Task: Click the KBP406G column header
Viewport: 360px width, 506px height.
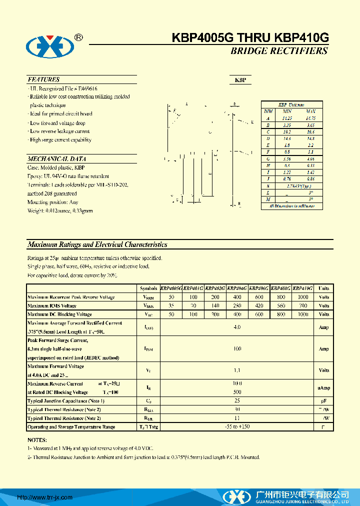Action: [258, 288]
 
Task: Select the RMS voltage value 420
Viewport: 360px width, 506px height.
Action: [258, 305]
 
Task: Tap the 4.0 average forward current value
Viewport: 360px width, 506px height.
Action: [237, 327]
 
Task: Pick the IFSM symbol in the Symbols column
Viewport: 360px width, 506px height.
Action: [148, 348]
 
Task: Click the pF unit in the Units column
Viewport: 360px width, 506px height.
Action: [324, 401]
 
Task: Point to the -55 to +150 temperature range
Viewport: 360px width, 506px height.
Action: [237, 426]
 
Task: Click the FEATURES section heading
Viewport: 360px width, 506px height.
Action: [44, 79]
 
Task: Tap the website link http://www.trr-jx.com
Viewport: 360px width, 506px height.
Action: [45, 497]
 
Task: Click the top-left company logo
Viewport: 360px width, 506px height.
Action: [50, 47]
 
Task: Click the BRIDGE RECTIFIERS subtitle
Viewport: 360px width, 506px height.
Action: [279, 51]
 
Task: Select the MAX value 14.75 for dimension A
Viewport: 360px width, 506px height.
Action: [310, 118]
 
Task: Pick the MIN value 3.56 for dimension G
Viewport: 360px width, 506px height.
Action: [287, 158]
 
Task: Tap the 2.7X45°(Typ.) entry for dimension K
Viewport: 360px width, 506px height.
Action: [298, 185]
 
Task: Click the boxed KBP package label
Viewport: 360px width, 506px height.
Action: [240, 80]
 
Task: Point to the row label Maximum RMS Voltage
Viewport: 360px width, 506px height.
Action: [52, 305]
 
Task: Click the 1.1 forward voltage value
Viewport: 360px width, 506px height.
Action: [237, 370]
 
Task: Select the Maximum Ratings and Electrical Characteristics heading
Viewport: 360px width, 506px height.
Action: [97, 245]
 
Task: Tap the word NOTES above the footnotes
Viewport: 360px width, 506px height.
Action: [37, 440]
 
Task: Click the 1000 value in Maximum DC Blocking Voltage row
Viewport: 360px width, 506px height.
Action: [302, 314]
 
